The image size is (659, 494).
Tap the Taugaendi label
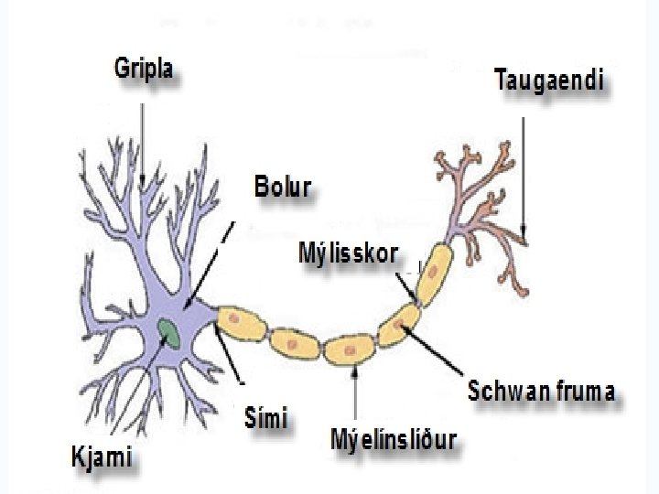[549, 81]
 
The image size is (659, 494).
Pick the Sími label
[267, 420]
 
